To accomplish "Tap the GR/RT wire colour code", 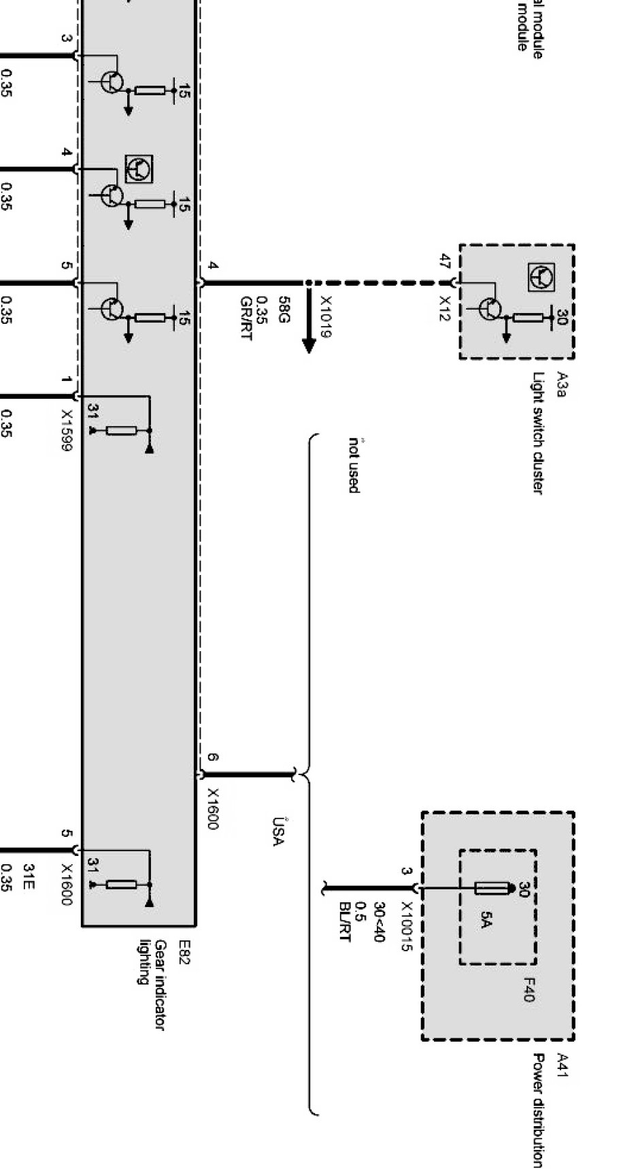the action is pyautogui.click(x=246, y=318).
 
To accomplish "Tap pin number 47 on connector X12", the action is pyautogui.click(x=446, y=261).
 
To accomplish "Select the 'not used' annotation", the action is pyautogui.click(x=354, y=465).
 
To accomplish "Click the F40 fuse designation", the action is pyautogui.click(x=529, y=990).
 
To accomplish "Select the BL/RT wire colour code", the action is pyautogui.click(x=344, y=922).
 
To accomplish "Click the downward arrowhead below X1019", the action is pyautogui.click(x=309, y=345).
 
